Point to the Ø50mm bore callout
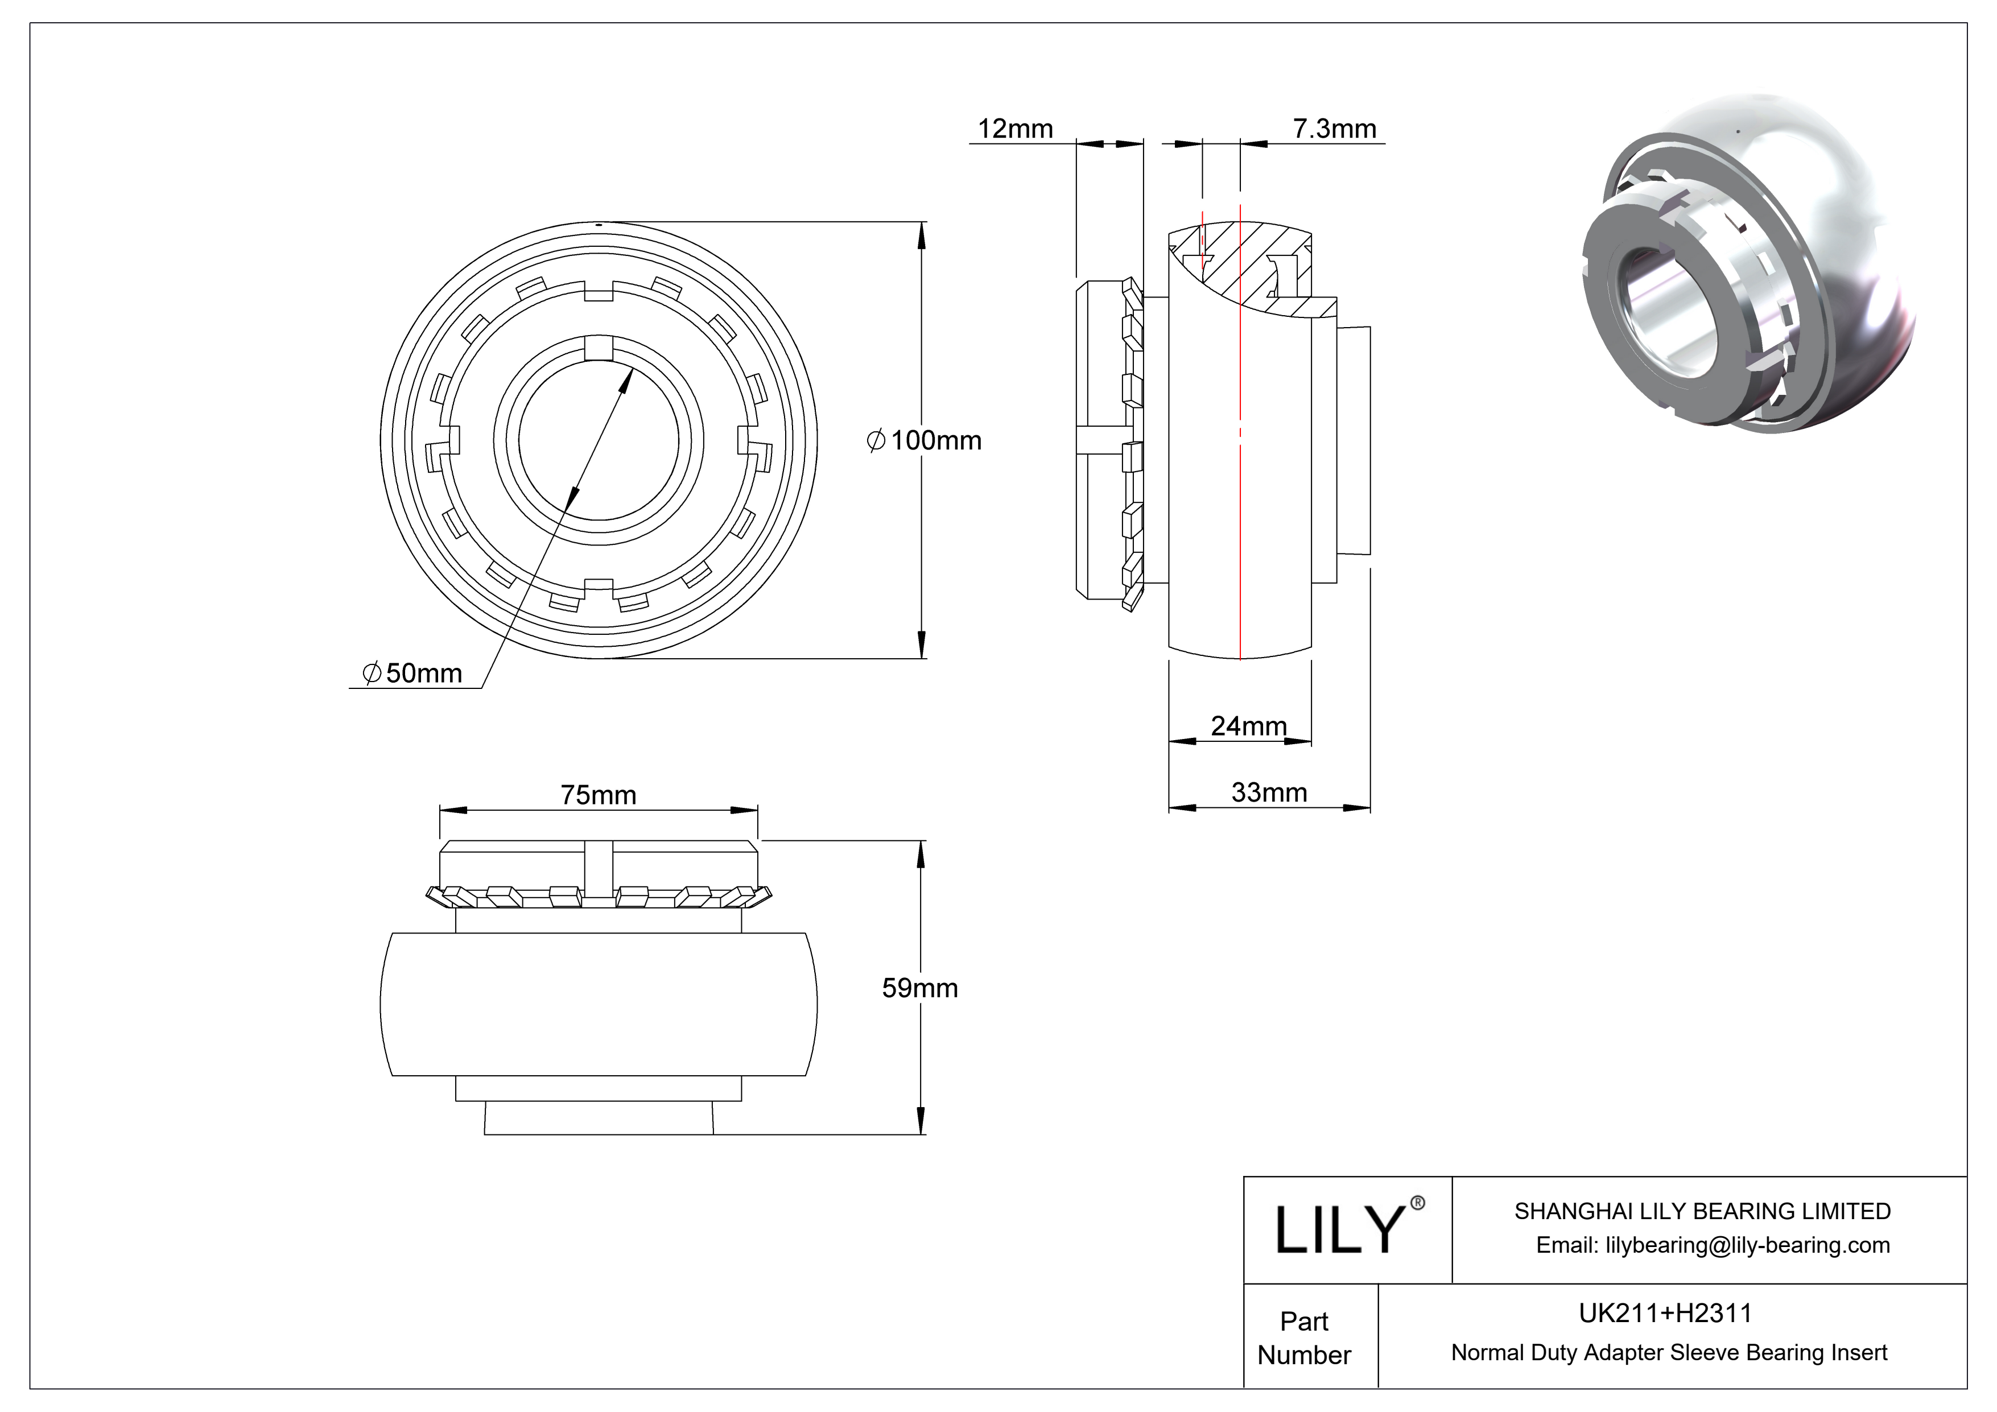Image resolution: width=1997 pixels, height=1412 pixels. [412, 673]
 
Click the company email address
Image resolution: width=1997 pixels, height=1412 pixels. [1712, 1245]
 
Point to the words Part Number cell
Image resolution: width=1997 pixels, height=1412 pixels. [1304, 1338]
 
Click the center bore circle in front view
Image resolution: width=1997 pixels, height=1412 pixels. [599, 439]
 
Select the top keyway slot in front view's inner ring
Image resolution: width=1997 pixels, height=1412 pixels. [599, 348]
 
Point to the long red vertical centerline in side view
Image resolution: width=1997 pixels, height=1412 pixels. [1240, 522]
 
